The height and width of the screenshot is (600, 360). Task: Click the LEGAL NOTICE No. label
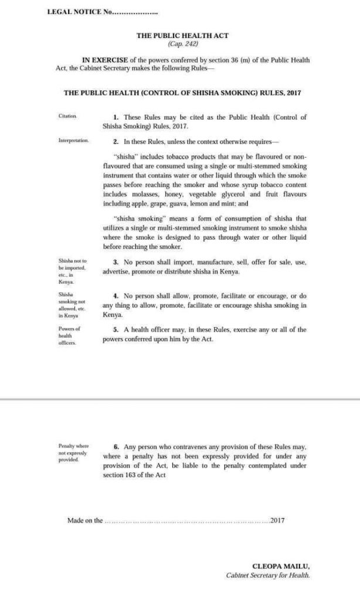[x=77, y=12]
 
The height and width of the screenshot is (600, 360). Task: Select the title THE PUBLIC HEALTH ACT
[x=182, y=35]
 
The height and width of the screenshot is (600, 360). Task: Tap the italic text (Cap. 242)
[x=183, y=43]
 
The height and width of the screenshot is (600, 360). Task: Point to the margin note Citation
[x=67, y=117]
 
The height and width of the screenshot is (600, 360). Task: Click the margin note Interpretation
[x=73, y=141]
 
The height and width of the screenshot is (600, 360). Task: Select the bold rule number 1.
[x=117, y=117]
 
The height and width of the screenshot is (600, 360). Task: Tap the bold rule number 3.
[x=116, y=262]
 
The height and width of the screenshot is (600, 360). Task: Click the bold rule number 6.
[x=116, y=446]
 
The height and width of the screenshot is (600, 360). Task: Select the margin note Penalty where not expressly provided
[x=73, y=453]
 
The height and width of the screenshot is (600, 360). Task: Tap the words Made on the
[x=85, y=520]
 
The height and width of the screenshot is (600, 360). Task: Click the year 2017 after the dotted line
[x=277, y=520]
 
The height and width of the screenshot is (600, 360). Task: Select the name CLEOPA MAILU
[x=280, y=567]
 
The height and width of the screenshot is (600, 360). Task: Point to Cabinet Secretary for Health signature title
[x=267, y=575]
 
